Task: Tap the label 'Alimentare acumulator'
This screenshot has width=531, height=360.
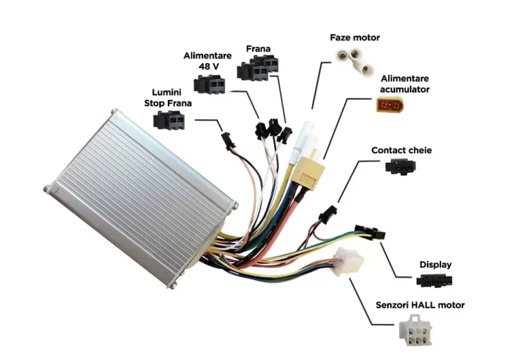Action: [x=404, y=84]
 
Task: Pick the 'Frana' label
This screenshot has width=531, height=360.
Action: [x=258, y=49]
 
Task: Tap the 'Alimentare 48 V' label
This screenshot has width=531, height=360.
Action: [x=206, y=60]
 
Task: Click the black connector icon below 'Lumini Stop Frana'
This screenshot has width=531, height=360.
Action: [x=171, y=120]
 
